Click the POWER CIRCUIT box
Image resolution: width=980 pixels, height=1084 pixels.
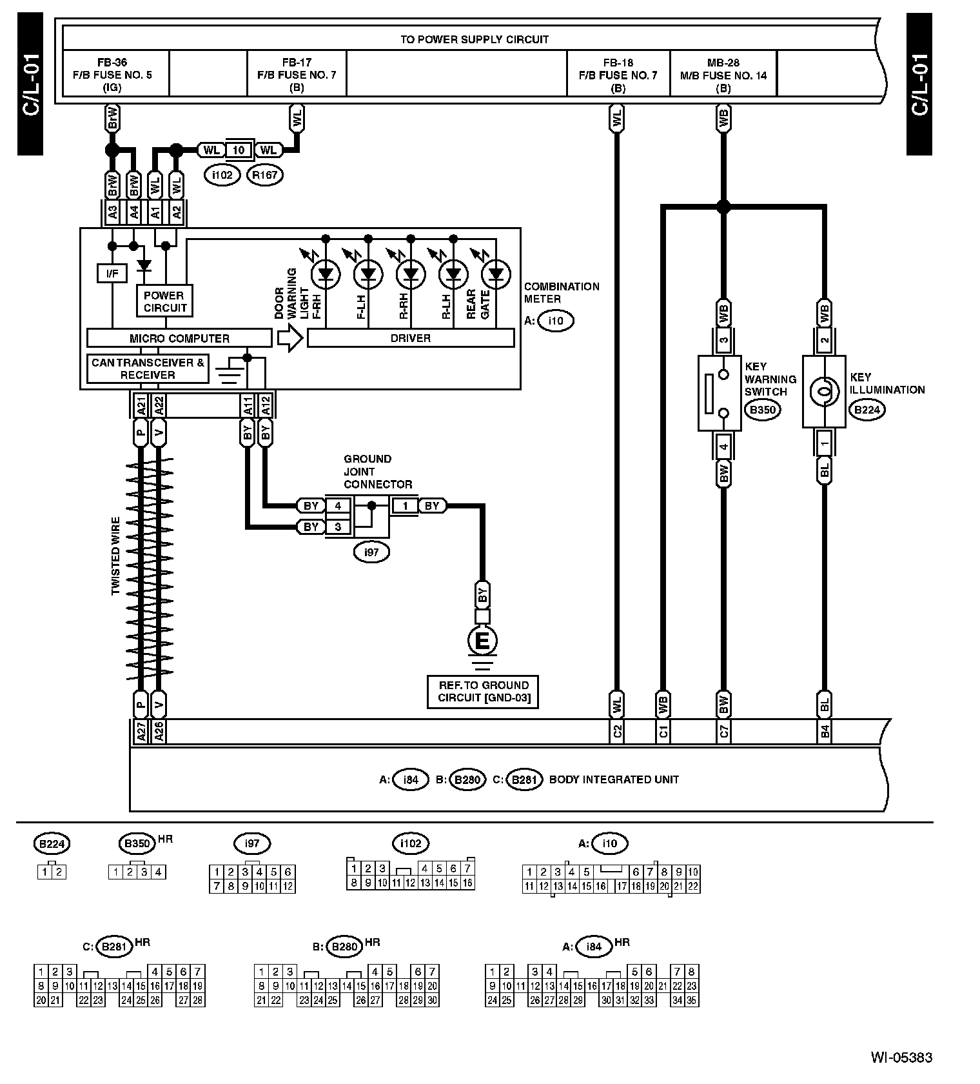point(164,301)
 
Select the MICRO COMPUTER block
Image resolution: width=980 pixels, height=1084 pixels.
point(179,338)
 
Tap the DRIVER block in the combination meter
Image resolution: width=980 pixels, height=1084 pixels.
point(411,338)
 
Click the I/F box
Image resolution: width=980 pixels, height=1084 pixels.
point(112,274)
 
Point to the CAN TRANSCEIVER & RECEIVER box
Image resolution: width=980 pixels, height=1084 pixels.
point(148,368)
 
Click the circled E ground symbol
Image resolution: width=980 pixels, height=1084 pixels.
point(482,641)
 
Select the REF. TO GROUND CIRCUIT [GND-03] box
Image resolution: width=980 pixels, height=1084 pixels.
point(483,692)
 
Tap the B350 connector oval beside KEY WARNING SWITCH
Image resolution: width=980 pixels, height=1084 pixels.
point(762,409)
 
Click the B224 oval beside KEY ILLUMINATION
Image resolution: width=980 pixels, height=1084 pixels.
point(867,409)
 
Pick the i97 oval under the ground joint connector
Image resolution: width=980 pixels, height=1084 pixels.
point(371,552)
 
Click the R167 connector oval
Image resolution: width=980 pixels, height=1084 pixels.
point(266,174)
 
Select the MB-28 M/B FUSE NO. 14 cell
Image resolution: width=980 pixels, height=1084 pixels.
point(723,74)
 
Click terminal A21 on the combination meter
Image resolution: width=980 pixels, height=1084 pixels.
point(141,405)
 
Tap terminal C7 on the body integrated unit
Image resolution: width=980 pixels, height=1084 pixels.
point(723,731)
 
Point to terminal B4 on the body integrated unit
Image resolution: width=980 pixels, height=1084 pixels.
point(825,731)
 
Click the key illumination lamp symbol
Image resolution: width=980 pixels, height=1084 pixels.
point(825,391)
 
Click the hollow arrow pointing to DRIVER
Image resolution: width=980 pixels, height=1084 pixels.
point(290,338)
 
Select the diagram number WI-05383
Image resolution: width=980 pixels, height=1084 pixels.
point(901,1057)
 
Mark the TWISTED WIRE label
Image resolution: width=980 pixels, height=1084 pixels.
point(116,556)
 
